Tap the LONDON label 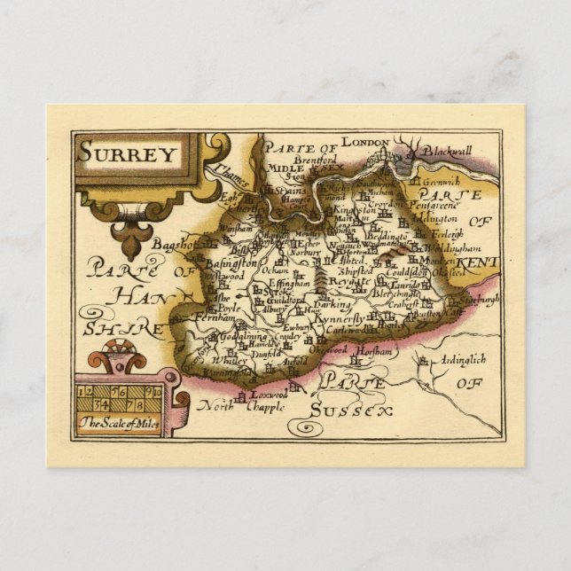coord(365,142)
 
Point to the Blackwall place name coord(448,153)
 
